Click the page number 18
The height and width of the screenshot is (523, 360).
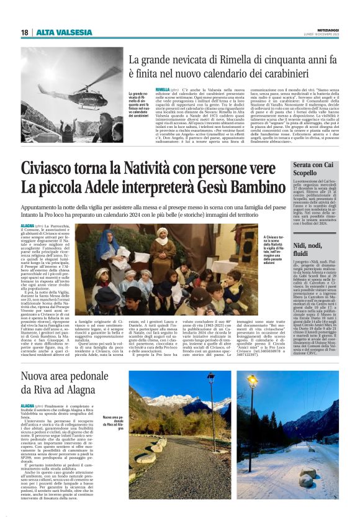tap(24, 32)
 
